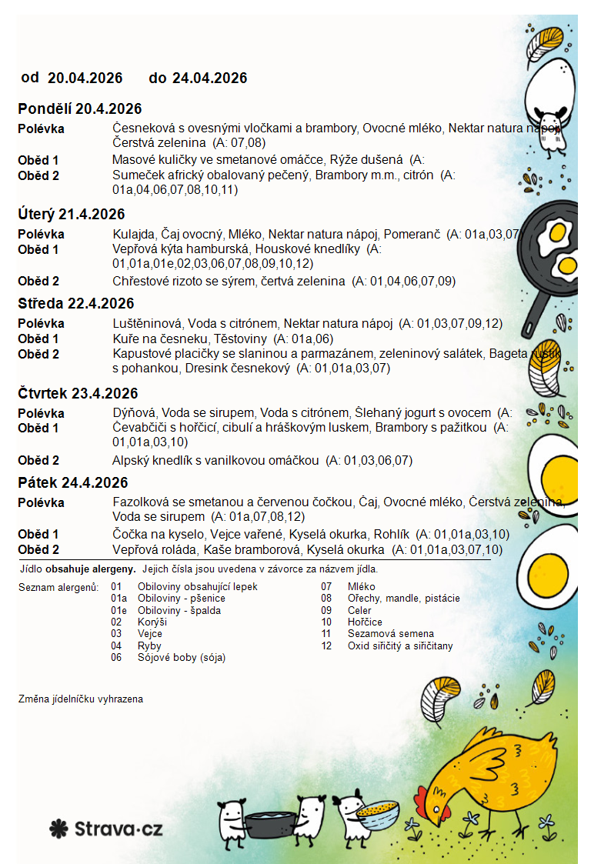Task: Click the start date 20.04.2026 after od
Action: (x=85, y=78)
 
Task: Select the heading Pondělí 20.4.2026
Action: (x=80, y=109)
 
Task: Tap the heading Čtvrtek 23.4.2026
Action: (x=78, y=393)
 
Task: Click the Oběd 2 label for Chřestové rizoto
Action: (x=38, y=282)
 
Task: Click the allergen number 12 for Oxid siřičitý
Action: (x=326, y=646)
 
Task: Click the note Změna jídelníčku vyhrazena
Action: (x=80, y=699)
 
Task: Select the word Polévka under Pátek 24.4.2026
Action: (x=41, y=503)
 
